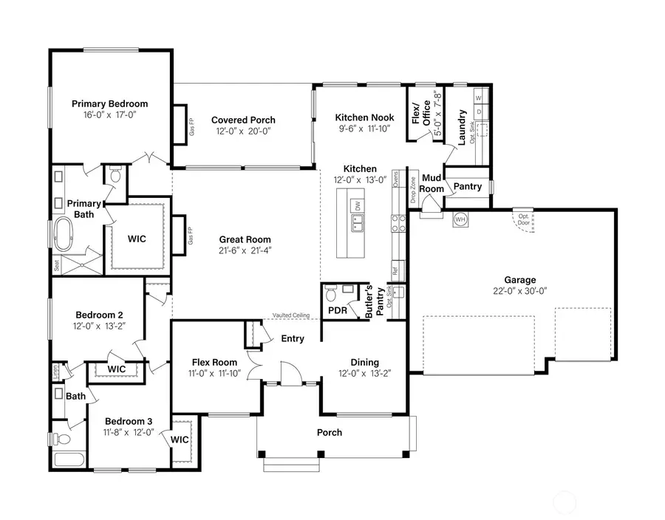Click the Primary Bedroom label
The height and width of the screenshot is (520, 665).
109,104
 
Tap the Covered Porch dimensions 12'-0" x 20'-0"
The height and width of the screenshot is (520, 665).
243,131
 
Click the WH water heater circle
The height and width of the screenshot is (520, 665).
460,219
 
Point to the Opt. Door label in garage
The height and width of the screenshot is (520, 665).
524,219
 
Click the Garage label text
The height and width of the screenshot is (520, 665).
520,280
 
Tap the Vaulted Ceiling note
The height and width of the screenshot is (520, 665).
290,315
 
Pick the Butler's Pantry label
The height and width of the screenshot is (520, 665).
375,301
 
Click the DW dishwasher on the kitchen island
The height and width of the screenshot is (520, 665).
358,207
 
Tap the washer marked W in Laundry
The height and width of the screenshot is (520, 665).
478,97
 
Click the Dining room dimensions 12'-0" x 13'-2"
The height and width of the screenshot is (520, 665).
364,374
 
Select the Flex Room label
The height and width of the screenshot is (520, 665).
214,363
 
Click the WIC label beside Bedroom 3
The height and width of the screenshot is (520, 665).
180,439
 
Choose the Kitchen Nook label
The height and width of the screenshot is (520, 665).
364,117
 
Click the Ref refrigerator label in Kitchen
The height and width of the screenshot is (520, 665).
395,271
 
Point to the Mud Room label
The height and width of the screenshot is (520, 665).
432,183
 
